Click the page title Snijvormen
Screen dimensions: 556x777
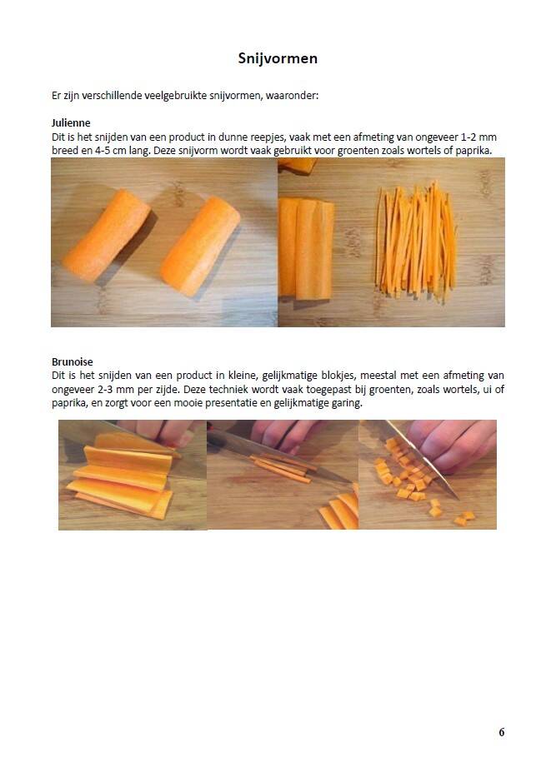tap(278, 58)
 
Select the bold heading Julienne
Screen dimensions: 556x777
tap(71, 122)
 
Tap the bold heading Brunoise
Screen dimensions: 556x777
tap(73, 361)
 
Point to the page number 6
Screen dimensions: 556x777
tap(502, 732)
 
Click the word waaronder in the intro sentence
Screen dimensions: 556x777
tap(292, 95)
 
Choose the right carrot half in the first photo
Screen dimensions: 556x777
tap(200, 246)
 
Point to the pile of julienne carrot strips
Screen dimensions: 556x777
tap(416, 242)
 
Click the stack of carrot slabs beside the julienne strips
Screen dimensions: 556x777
tap(306, 248)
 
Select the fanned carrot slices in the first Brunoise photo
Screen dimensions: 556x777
tap(122, 476)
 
